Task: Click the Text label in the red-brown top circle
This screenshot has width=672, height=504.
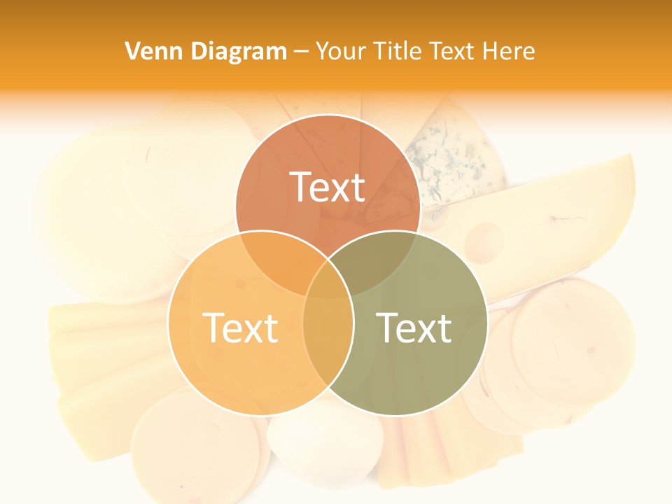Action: (328, 187)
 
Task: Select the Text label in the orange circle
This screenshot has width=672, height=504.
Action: (240, 328)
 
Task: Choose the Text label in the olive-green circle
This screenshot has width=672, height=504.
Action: (414, 328)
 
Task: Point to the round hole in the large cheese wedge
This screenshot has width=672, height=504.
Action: (484, 240)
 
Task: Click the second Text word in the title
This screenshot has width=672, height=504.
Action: (451, 51)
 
